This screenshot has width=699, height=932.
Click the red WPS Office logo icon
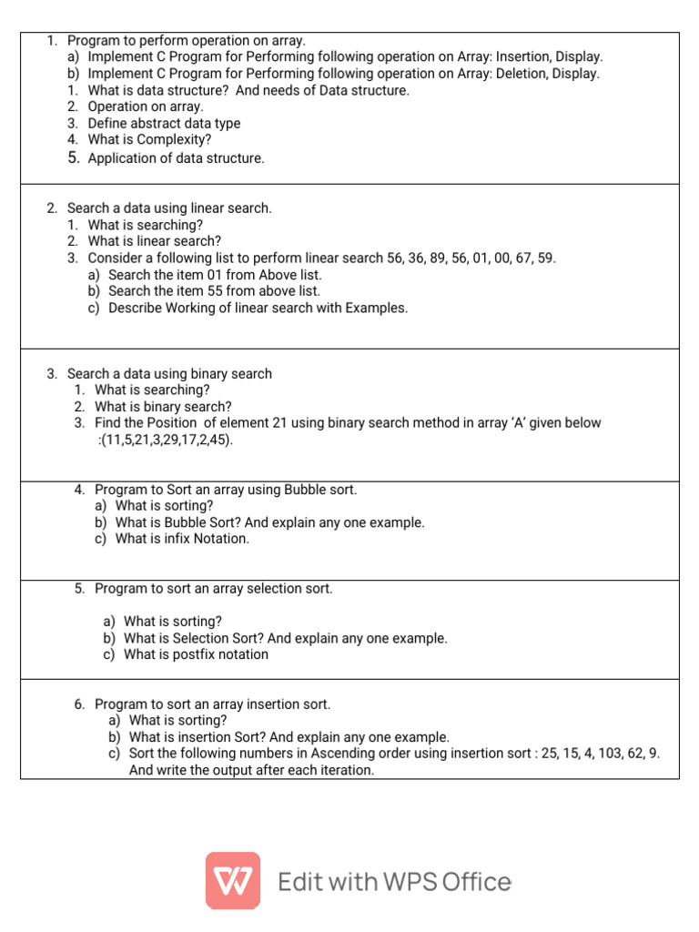(x=233, y=880)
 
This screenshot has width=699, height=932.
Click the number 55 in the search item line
(x=203, y=291)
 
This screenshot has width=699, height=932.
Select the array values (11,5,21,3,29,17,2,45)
(x=167, y=440)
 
